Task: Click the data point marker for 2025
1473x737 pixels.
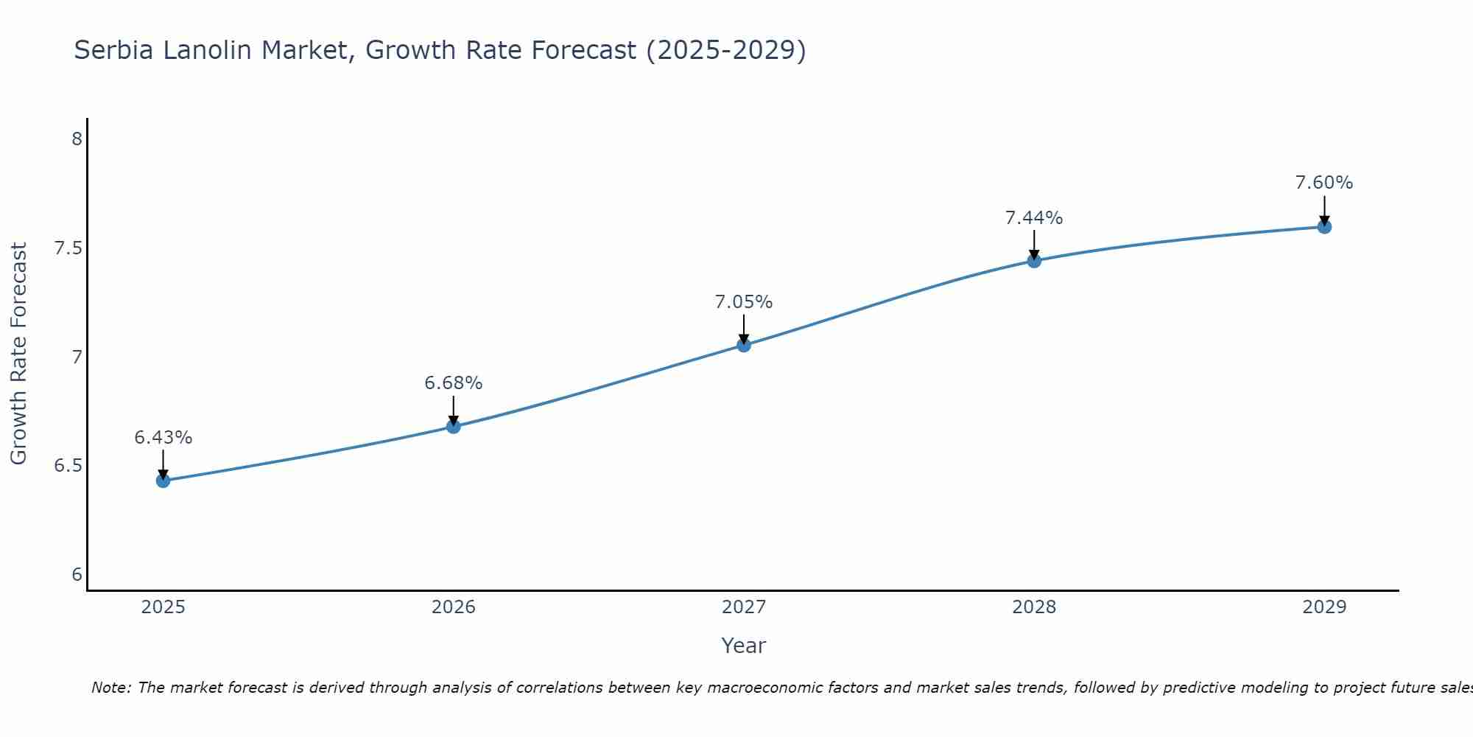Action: pyautogui.click(x=163, y=481)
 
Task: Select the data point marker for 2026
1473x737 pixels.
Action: pyautogui.click(x=454, y=426)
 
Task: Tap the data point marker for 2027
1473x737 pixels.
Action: pyautogui.click(x=744, y=345)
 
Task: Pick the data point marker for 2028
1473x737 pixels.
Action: pyautogui.click(x=1034, y=260)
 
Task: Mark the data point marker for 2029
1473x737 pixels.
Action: pyautogui.click(x=1324, y=226)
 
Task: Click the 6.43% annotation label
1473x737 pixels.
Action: pyautogui.click(x=163, y=438)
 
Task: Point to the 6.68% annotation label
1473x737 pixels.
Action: pyautogui.click(x=454, y=383)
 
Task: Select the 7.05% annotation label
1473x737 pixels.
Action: pyautogui.click(x=744, y=302)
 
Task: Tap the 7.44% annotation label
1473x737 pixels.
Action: pyautogui.click(x=1034, y=218)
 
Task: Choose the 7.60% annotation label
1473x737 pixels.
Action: pyautogui.click(x=1324, y=183)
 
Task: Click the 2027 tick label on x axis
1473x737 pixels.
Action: pyautogui.click(x=744, y=607)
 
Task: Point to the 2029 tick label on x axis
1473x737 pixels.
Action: pyautogui.click(x=1324, y=607)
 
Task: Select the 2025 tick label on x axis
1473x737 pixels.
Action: pyautogui.click(x=163, y=607)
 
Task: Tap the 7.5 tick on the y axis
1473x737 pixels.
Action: pyautogui.click(x=68, y=248)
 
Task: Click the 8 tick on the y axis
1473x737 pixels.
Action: pyautogui.click(x=77, y=139)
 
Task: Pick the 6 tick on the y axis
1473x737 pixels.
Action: pyautogui.click(x=77, y=575)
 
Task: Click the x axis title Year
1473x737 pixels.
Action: pyautogui.click(x=744, y=646)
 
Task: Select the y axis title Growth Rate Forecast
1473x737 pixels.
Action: pyautogui.click(x=18, y=354)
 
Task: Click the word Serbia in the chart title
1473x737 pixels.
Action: pyautogui.click(x=114, y=51)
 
